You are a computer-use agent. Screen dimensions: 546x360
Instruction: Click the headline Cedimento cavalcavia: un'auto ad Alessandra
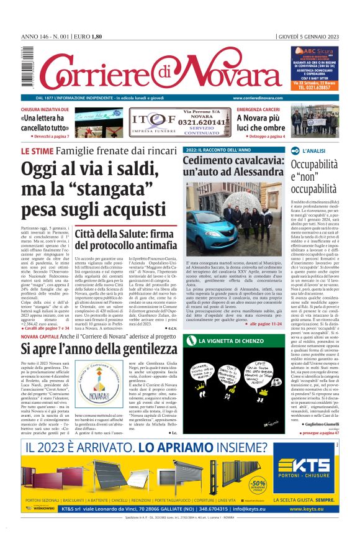click(x=233, y=167)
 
